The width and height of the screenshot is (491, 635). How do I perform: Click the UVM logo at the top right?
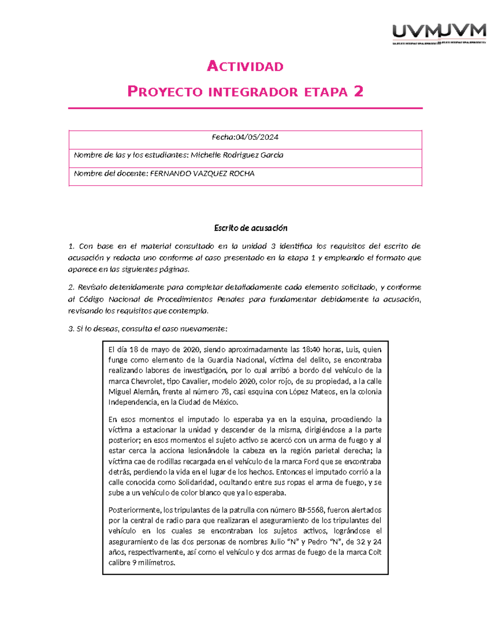click(439, 33)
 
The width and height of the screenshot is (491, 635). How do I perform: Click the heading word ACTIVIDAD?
click(245, 66)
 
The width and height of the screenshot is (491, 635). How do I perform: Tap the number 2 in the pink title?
click(358, 92)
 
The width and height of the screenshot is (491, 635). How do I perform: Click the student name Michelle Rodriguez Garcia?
click(237, 155)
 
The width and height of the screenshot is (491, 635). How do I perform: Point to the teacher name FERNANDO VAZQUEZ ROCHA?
click(202, 174)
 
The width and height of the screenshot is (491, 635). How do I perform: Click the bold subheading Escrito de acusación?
click(251, 228)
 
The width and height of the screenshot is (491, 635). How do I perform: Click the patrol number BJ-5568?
click(310, 510)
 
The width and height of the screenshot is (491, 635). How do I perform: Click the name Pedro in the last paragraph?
click(318, 542)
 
